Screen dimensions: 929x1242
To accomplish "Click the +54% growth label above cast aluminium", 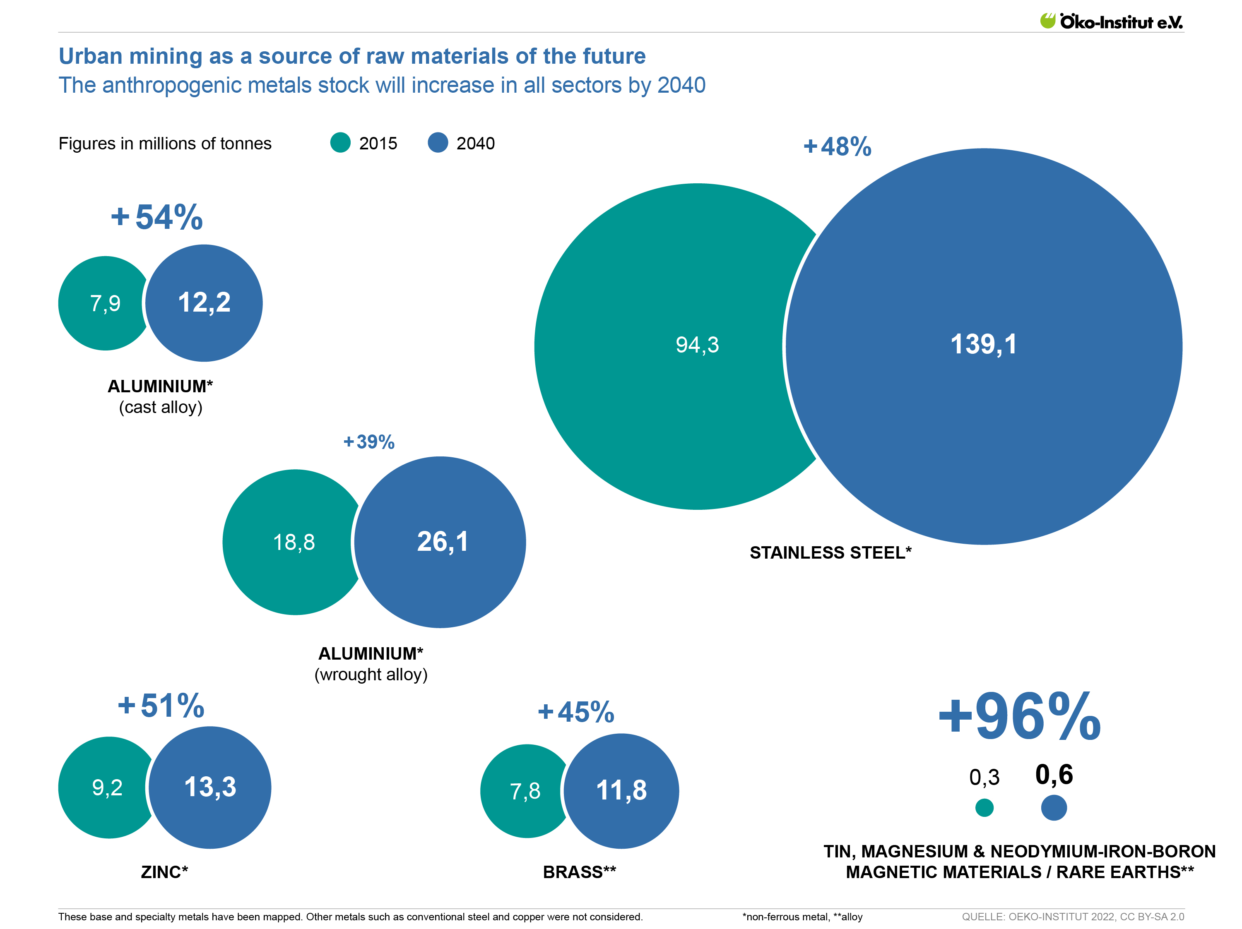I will (x=156, y=217).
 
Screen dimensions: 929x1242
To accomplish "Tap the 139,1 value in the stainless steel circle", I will (x=983, y=344).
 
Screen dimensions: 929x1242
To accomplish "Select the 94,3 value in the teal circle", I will (x=697, y=345).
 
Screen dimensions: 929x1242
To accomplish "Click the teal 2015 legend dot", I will (x=340, y=143).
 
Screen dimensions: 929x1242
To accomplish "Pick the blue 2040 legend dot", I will (x=438, y=143).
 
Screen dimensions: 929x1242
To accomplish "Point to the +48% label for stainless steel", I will (x=837, y=146).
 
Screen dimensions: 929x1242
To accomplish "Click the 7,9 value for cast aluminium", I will (x=105, y=303).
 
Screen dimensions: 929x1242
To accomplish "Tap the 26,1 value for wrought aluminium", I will (x=443, y=542).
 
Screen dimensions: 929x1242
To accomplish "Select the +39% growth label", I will (x=369, y=442).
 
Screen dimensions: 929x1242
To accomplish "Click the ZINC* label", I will (x=164, y=872).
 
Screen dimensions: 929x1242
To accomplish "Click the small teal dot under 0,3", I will (x=984, y=808).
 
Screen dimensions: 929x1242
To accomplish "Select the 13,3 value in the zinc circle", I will (x=210, y=787).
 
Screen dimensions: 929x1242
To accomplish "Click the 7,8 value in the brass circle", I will (x=525, y=791).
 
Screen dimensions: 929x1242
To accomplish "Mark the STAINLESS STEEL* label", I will (x=830, y=553).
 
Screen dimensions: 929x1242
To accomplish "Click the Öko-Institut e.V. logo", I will (x=1111, y=22).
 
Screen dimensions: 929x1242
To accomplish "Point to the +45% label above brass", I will (x=576, y=712).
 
